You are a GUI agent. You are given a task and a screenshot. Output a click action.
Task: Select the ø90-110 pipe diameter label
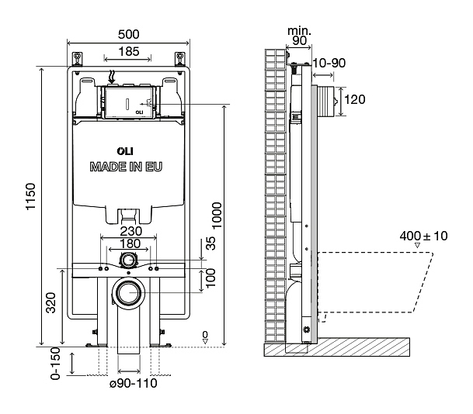coord(129,384)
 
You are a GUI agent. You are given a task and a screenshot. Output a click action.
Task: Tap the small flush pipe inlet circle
coord(129,260)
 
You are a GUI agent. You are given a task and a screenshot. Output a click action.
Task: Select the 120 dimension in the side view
coord(354,98)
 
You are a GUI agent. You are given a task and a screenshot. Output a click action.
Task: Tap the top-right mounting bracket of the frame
coord(180,58)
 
